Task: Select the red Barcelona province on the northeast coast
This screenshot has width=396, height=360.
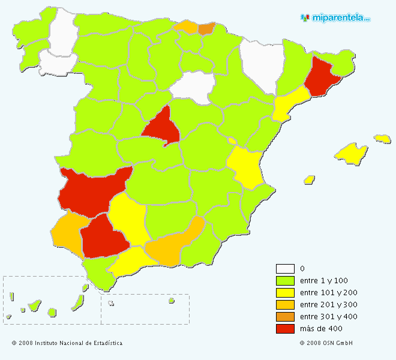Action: tap(321, 78)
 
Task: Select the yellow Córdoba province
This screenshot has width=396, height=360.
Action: tap(128, 219)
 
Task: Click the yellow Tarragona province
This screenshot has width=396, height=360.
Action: tap(289, 103)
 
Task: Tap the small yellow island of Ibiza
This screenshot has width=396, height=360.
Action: tap(310, 179)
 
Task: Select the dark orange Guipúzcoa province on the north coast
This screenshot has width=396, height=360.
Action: tap(206, 28)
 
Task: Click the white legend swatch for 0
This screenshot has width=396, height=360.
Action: tap(285, 269)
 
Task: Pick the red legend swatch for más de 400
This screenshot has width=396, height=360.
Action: tap(285, 329)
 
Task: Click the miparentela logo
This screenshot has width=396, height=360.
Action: tap(335, 18)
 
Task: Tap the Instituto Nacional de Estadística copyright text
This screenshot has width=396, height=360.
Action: tap(67, 343)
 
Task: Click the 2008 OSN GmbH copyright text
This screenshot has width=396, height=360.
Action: tap(326, 343)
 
